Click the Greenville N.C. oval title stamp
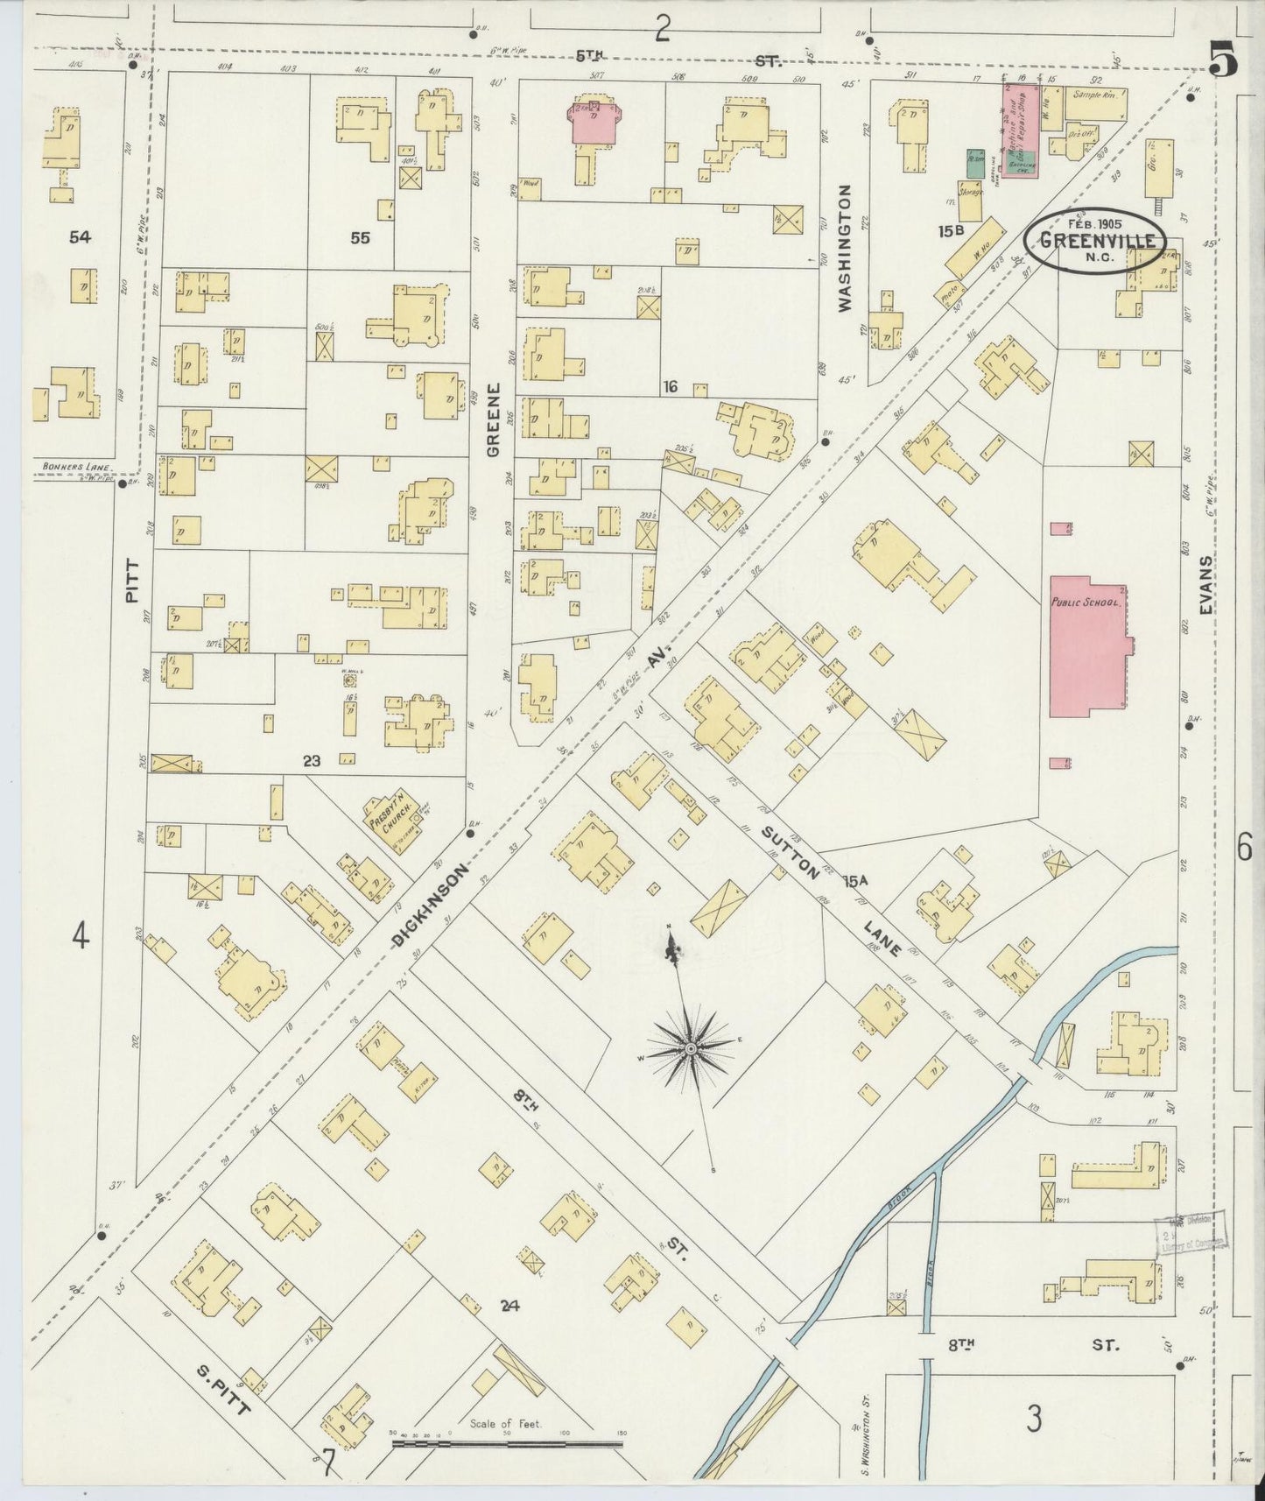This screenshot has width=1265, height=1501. tap(1095, 241)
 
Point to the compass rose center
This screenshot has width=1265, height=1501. tap(691, 1048)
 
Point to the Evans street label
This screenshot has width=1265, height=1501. tap(1207, 583)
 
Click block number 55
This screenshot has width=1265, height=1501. tap(360, 237)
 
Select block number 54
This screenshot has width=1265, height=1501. tap(83, 236)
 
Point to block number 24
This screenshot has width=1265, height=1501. tap(510, 1306)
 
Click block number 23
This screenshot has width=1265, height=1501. tap(311, 761)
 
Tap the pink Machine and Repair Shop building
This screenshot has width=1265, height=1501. tap(1020, 131)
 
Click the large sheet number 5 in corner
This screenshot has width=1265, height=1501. tap(1224, 62)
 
